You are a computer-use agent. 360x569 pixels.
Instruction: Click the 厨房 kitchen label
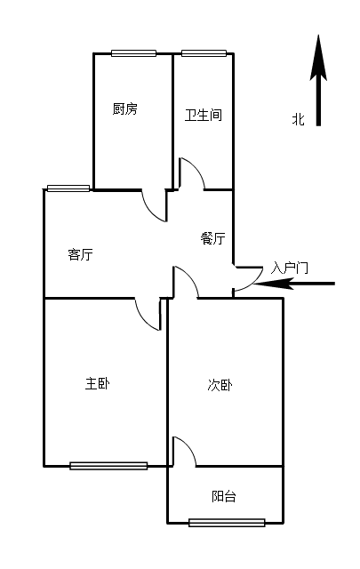coord(124,108)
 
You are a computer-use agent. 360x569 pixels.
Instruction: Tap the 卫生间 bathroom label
coord(204,115)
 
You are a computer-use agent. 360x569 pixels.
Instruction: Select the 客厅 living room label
coord(80,254)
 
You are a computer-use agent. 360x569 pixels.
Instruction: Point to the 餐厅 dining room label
coord(212,238)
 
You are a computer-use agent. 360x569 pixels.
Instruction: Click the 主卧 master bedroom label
coord(97,383)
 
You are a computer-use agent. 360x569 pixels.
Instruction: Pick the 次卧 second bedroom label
coord(220,385)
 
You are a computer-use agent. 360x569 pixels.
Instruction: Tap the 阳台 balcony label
coord(223,496)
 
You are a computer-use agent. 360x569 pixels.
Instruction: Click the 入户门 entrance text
coord(289,268)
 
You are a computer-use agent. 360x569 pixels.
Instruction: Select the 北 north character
coord(299,119)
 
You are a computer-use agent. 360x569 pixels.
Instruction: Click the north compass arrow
coord(318,80)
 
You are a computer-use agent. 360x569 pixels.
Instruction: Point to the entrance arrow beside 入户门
coord(294,284)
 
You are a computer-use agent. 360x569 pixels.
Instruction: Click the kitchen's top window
coord(134,53)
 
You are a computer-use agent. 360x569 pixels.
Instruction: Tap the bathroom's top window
coord(204,53)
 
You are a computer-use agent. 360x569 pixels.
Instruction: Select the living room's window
coord(68,188)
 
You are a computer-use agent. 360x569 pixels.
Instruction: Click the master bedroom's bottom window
coord(108,466)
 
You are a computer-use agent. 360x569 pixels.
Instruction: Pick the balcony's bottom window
coord(227,523)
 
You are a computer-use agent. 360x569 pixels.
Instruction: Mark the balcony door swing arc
coord(188,447)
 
